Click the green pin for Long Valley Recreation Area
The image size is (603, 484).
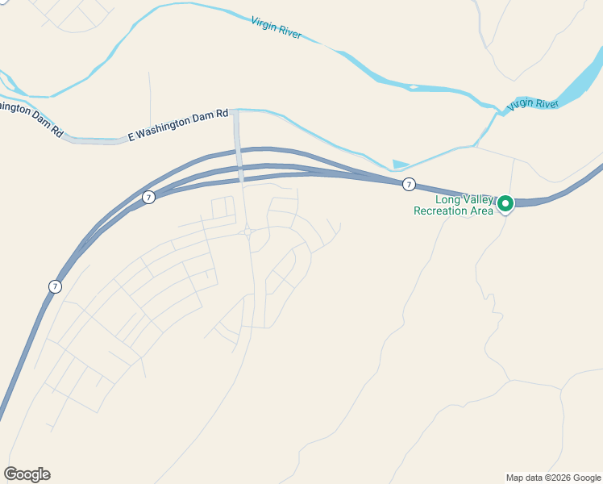(x=505, y=203)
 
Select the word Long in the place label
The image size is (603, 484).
(x=448, y=200)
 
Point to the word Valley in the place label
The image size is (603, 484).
(x=480, y=200)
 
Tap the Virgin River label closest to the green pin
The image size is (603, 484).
(x=533, y=104)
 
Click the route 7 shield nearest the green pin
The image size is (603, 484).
(x=409, y=185)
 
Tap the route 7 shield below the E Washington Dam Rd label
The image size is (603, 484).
(x=148, y=197)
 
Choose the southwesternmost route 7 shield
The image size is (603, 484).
(x=54, y=286)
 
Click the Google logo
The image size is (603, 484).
(x=27, y=474)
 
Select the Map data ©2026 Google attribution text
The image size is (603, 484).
(x=553, y=478)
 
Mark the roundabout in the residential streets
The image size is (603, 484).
(x=248, y=232)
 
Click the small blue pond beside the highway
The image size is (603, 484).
(x=400, y=165)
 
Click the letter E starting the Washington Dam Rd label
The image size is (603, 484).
(x=131, y=137)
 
